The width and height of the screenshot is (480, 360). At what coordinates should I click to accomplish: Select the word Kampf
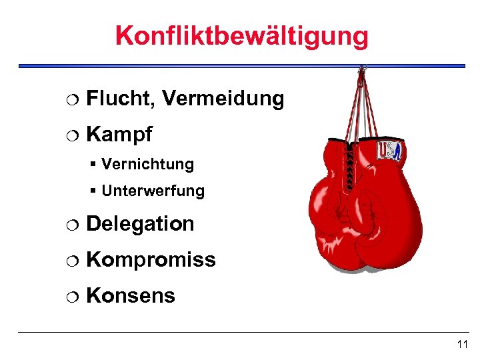[119, 135]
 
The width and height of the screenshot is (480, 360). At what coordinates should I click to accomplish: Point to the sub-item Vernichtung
[147, 164]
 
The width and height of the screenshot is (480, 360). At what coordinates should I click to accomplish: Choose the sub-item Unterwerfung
[153, 191]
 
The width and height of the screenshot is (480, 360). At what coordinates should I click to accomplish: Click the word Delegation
[140, 224]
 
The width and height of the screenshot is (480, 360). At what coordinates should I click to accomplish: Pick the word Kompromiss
[151, 259]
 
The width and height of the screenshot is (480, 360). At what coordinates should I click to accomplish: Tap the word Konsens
[131, 295]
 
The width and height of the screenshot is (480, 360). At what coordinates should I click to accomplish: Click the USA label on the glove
[389, 151]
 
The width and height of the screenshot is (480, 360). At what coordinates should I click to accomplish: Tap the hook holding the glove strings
[362, 69]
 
